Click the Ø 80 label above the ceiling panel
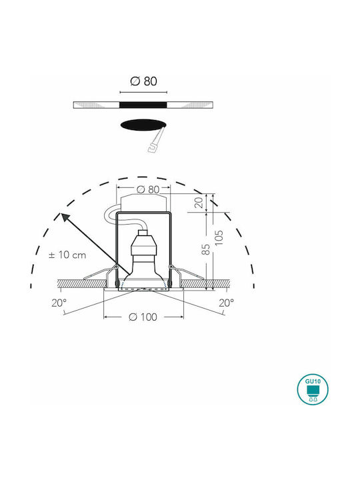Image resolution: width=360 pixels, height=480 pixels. [143, 81]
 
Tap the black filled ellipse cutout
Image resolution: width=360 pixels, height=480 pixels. [143, 125]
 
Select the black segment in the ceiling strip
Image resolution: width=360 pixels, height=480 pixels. [143, 105]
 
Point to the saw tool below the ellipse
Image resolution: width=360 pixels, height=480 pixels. [155, 141]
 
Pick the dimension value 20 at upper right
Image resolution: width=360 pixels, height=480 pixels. [199, 203]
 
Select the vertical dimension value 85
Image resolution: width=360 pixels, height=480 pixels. [206, 249]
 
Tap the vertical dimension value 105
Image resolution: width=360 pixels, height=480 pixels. [219, 238]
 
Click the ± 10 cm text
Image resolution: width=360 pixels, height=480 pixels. [67, 255]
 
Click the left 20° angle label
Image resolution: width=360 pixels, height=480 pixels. [59, 303]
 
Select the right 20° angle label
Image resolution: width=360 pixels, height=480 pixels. [226, 303]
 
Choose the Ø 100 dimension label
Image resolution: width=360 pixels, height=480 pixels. [143, 317]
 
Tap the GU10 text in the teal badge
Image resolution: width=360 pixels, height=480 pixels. [313, 381]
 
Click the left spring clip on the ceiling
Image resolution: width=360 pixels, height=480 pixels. [101, 273]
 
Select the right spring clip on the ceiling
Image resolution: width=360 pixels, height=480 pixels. [186, 273]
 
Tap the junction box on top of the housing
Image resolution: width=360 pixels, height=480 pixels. [143, 203]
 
